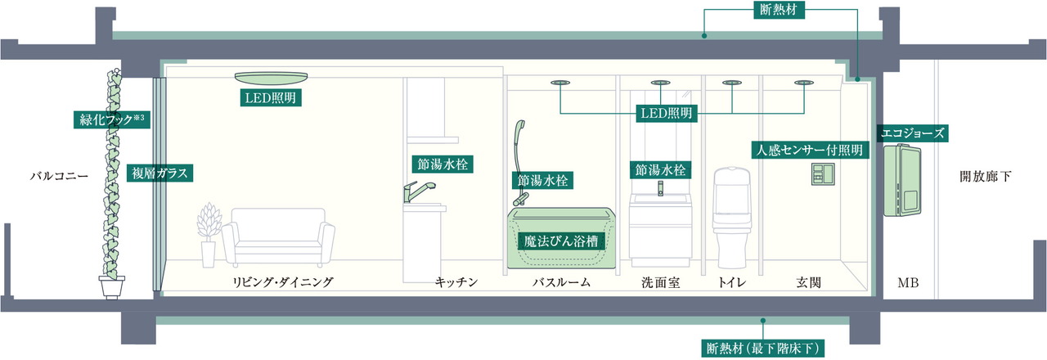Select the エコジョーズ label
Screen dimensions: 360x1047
pyautogui.click(x=912, y=133)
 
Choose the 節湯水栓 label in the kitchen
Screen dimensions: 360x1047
pyautogui.click(x=441, y=164)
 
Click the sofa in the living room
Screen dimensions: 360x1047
pyautogui.click(x=278, y=235)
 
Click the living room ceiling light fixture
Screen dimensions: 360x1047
pyautogui.click(x=273, y=77)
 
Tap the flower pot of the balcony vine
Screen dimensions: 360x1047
pyautogui.click(x=112, y=287)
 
